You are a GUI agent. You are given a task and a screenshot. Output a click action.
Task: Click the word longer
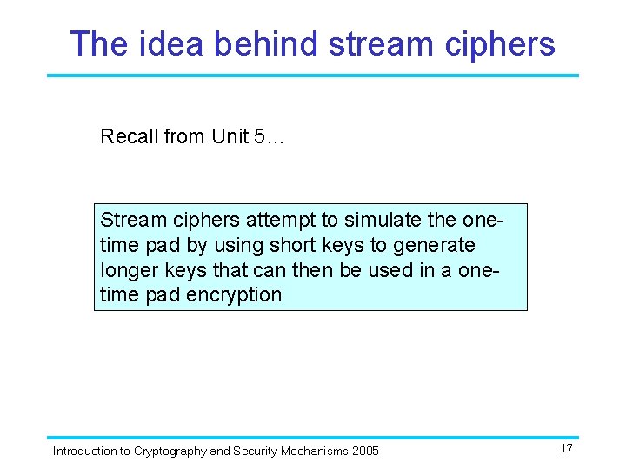pos(128,270)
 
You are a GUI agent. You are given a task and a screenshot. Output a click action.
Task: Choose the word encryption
pos(234,294)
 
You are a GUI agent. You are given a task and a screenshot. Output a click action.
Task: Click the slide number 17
pos(567,449)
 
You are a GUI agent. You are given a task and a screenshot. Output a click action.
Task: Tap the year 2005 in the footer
pos(364,451)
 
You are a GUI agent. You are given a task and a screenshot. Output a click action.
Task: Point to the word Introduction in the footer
pos(84,451)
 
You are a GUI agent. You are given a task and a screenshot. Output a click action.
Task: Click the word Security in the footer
pos(254,451)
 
